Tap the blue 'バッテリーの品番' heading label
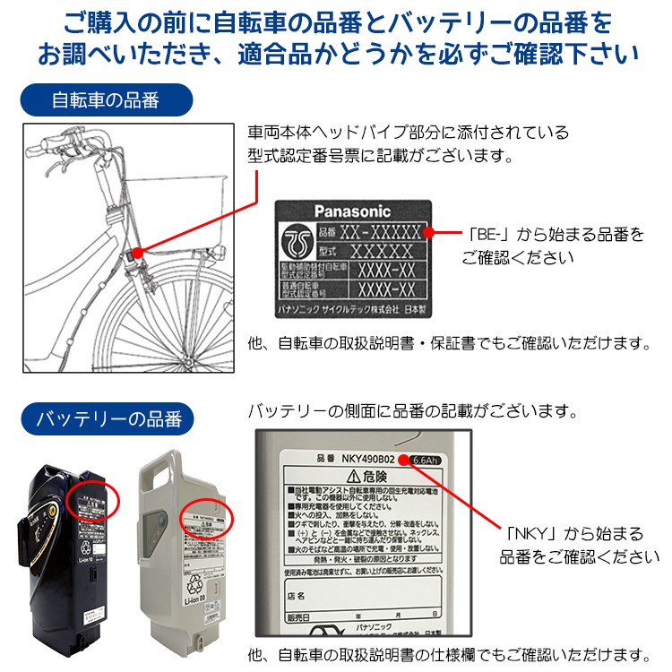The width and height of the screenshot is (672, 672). [x=108, y=418]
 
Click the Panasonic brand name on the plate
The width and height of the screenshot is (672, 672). [x=352, y=212]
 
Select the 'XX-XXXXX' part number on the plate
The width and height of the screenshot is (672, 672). [x=386, y=233]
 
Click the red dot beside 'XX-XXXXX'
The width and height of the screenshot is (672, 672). [x=427, y=233]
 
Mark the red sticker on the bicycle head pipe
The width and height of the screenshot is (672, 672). [x=136, y=254]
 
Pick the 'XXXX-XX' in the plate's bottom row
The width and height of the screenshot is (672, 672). [x=386, y=289]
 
